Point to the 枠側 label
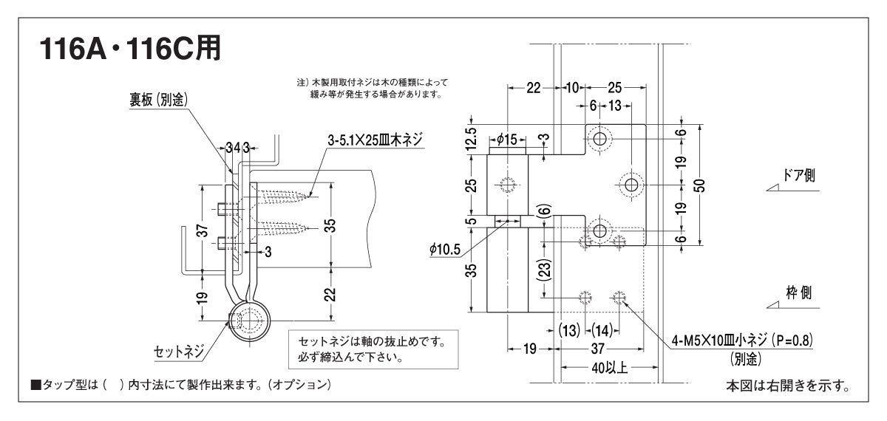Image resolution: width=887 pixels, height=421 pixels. click(798, 292)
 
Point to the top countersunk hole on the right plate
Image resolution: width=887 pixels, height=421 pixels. click(599, 137)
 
